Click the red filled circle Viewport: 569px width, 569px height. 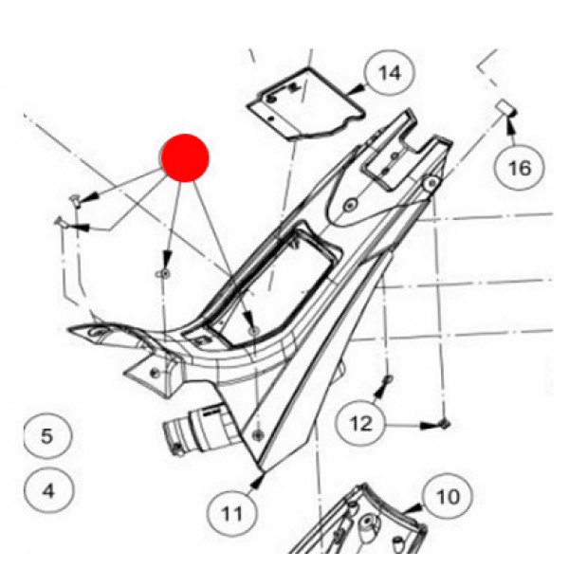click(x=185, y=157)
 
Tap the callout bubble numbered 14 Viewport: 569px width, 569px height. click(x=390, y=73)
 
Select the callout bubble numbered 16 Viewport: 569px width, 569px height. click(x=520, y=168)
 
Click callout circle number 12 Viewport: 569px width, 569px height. click(x=360, y=423)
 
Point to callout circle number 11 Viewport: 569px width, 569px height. click(x=232, y=513)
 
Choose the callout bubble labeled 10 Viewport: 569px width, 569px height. click(x=449, y=496)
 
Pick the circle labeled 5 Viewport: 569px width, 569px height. click(x=47, y=436)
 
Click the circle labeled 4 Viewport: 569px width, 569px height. click(x=48, y=490)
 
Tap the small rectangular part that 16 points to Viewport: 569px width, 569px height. click(x=505, y=107)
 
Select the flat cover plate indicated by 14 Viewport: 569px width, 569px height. click(x=304, y=104)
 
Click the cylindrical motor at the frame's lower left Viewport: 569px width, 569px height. click(x=199, y=429)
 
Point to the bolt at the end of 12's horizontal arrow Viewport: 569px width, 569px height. click(x=445, y=424)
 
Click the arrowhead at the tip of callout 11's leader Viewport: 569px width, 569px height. click(x=257, y=483)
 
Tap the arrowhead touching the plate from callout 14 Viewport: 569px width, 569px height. click(x=358, y=89)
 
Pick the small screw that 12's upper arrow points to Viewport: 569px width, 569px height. click(x=388, y=379)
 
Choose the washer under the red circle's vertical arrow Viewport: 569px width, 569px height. click(x=164, y=274)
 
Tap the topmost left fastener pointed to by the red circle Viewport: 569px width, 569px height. click(x=74, y=198)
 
